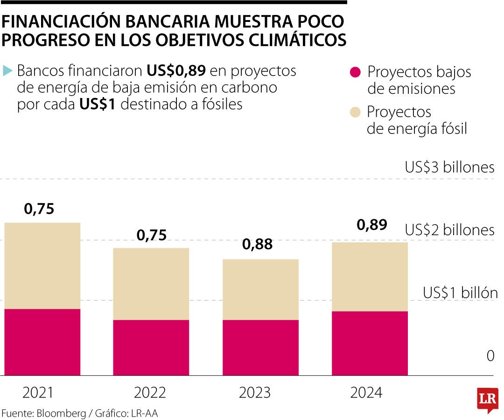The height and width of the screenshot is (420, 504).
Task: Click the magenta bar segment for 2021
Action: [x=42, y=342]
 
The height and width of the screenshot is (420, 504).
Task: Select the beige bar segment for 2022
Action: [x=151, y=284]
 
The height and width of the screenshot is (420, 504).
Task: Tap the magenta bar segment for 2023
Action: [x=260, y=348]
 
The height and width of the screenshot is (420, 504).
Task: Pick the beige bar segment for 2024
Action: [x=370, y=276]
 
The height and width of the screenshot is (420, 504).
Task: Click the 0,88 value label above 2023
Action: [x=257, y=244]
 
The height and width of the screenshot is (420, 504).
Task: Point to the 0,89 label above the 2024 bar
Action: [x=372, y=225]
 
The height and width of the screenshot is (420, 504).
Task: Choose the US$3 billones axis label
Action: [x=449, y=168]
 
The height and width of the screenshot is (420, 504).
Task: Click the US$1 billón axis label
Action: [x=460, y=293]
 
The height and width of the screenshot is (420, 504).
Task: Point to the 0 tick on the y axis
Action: [x=490, y=356]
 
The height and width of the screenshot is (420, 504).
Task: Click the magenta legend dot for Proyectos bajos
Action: [x=355, y=72]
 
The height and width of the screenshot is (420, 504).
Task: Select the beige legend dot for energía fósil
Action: [x=355, y=112]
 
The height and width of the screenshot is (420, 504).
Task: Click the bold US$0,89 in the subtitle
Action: [x=176, y=71]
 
